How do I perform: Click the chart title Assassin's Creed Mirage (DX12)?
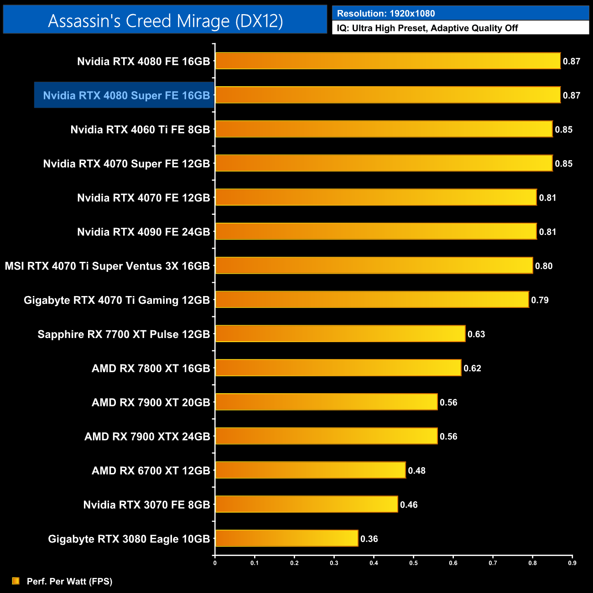coord(165,21)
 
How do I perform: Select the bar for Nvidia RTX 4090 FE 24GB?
coord(375,231)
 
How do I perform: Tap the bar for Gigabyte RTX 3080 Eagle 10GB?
coord(286,538)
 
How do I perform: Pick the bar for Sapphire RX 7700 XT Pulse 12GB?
coord(340,333)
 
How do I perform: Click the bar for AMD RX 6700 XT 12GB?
coord(310,470)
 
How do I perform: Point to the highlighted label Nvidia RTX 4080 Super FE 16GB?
coord(126,95)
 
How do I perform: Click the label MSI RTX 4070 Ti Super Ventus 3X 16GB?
coord(107,266)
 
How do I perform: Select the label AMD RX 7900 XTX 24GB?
coord(147,437)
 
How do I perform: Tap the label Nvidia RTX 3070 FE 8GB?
coord(146,505)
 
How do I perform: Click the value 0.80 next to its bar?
coord(544,266)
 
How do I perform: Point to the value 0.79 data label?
coord(540,300)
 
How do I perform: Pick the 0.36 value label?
coord(369,539)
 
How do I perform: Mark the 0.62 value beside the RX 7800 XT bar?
coord(472,368)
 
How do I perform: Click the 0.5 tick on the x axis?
coord(413,563)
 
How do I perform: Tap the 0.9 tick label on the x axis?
coord(572,563)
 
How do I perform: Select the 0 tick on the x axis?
coord(215,563)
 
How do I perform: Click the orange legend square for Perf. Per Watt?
coord(16,581)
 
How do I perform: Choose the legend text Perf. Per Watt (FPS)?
coord(69,581)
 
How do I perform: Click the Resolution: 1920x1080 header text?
coord(386,13)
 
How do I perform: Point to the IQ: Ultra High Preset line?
coord(427,28)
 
